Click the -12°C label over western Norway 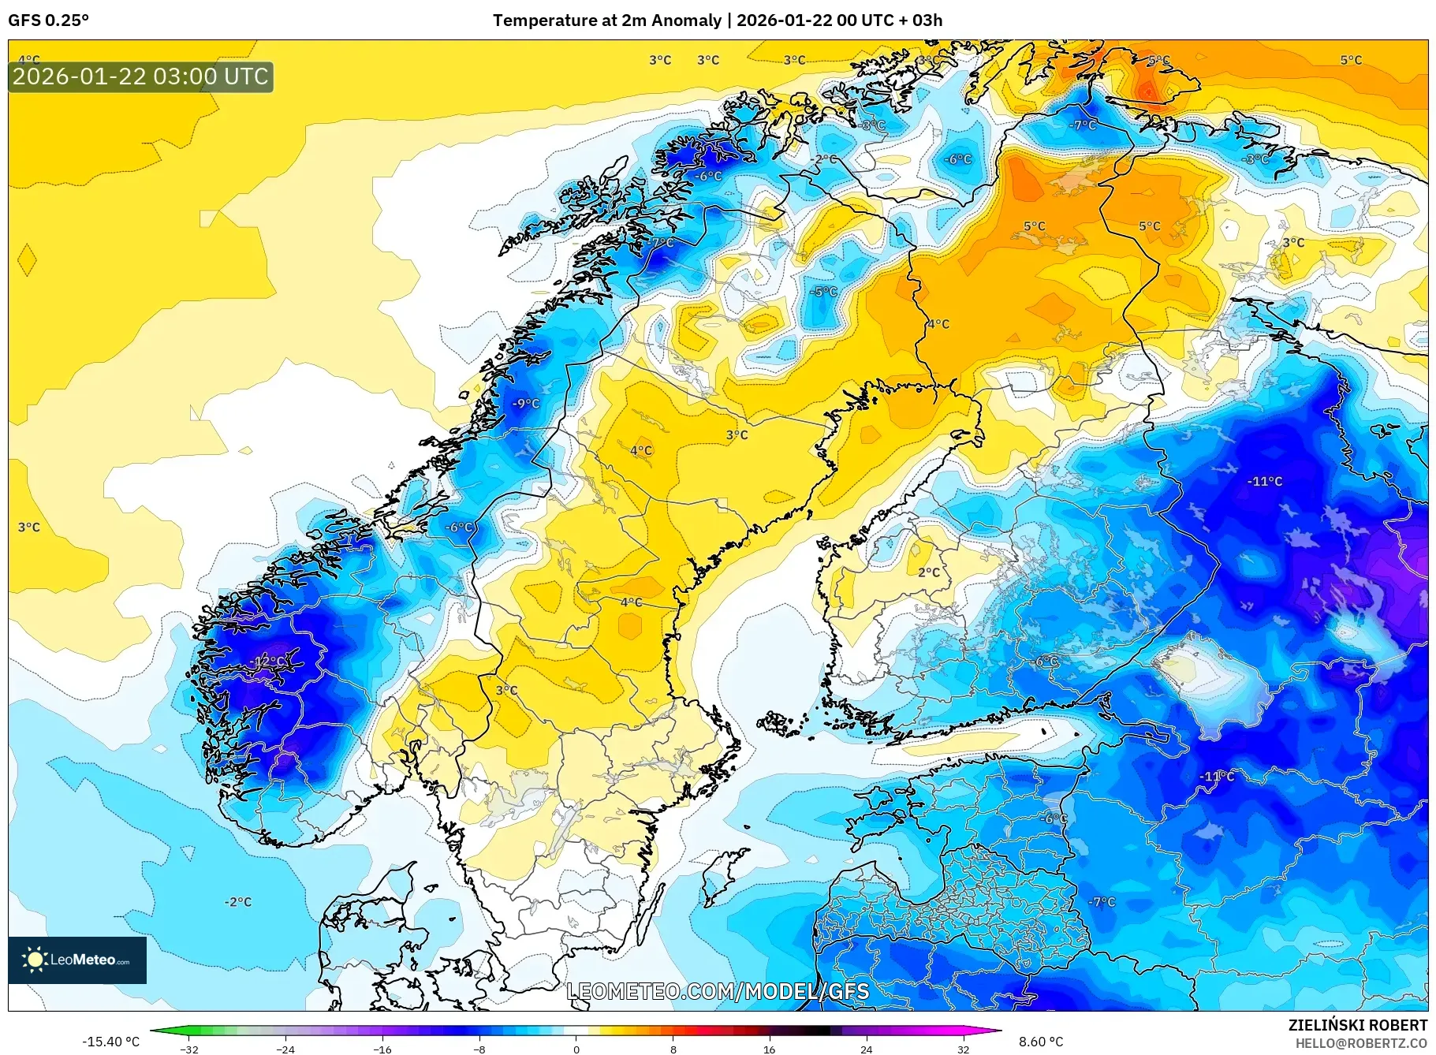pos(267,661)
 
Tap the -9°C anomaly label pos(526,404)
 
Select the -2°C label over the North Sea pos(237,902)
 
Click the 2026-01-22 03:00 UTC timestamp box pos(140,76)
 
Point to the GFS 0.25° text pos(48,21)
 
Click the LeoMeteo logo pos(77,960)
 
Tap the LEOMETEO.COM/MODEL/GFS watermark pos(718,991)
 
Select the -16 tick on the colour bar pos(382,1049)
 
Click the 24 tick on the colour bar pos(866,1049)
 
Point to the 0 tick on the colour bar pos(576,1049)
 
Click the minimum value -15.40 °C pos(110,1042)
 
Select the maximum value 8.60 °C pos(1041,1042)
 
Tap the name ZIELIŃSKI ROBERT pos(1357,1025)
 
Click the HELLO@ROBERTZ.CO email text pos(1361,1043)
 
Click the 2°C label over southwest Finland pos(929,572)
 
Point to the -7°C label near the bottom pos(1102,902)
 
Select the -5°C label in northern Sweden pos(824,292)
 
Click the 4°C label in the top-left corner pos(28,60)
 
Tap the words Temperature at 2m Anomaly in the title pos(607,21)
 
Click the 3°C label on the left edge pos(28,527)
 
